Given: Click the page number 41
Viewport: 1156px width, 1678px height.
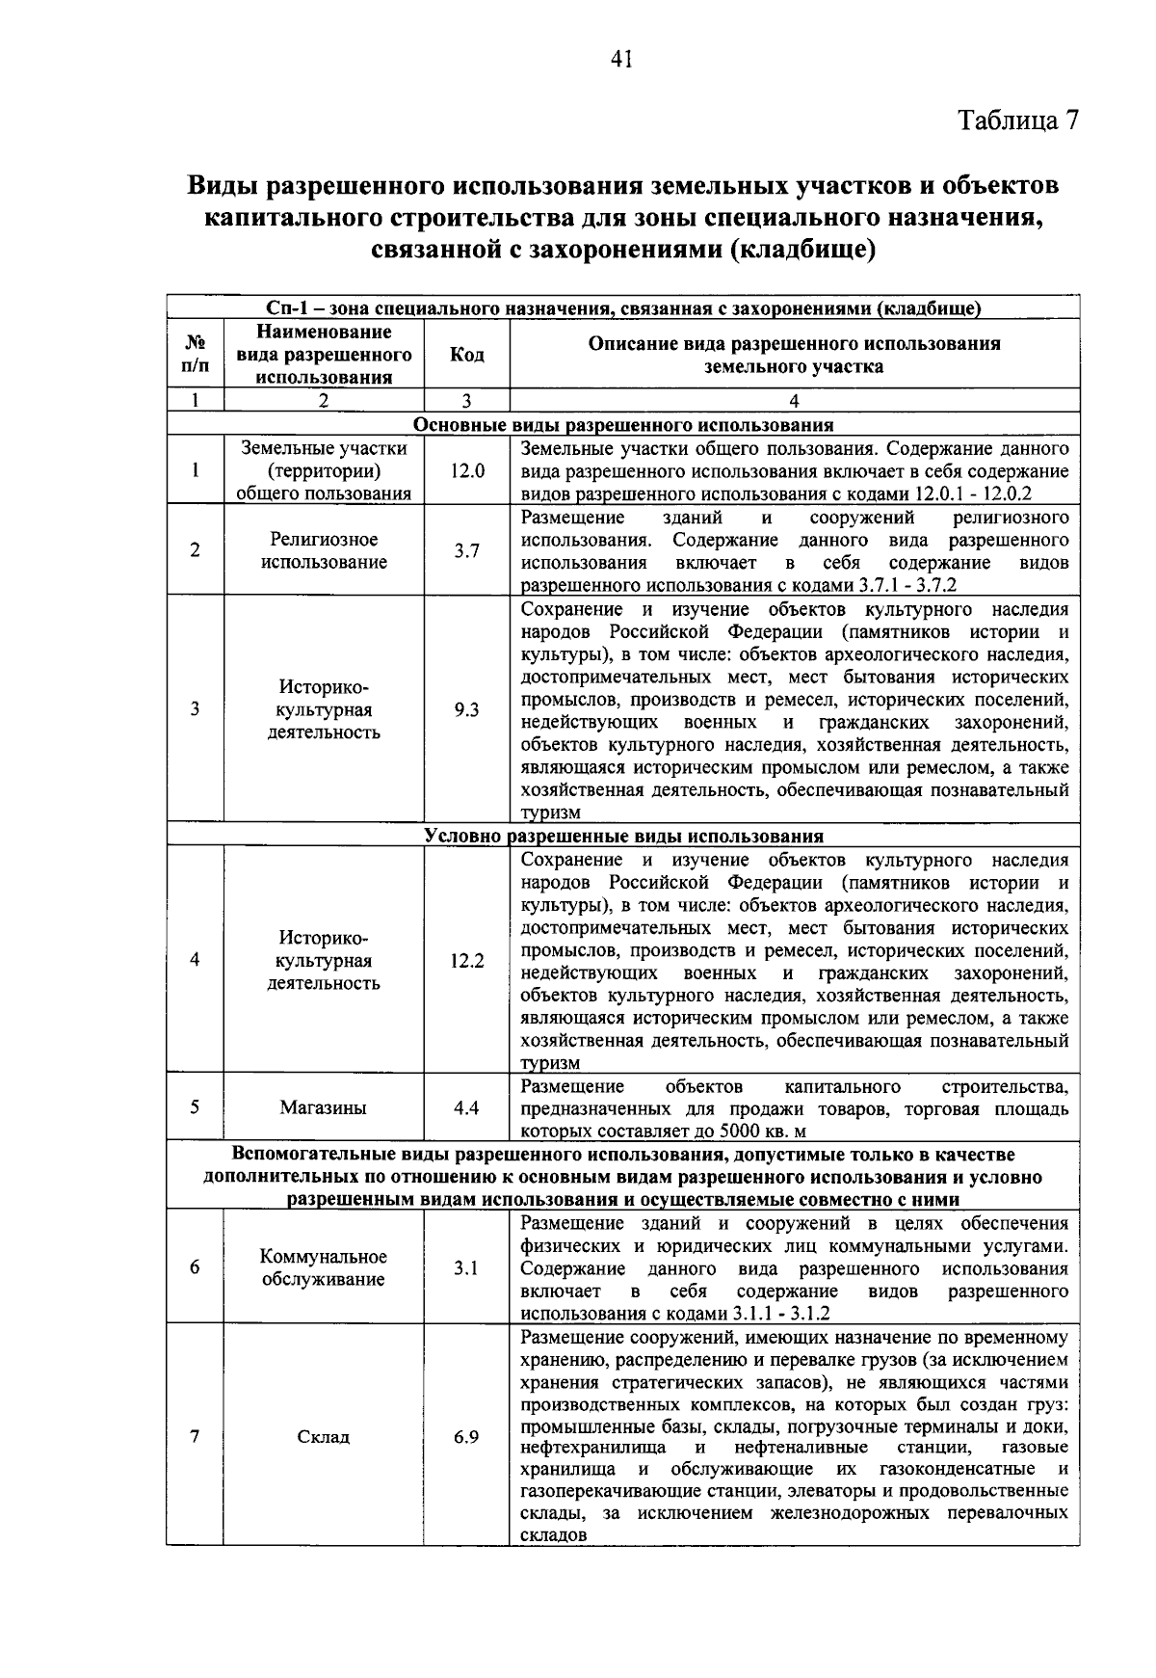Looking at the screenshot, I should point(621,60).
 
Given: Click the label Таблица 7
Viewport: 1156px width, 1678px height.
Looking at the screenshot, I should point(1018,120).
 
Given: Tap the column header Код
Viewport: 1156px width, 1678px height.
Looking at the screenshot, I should point(467,355).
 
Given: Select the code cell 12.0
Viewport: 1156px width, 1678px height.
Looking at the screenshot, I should point(467,470).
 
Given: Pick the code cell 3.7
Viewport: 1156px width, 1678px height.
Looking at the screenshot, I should point(467,551).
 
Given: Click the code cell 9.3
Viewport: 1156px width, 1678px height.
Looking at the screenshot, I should point(467,710).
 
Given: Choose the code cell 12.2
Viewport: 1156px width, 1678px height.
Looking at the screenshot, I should point(467,961).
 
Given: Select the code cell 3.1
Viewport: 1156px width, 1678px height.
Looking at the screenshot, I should point(467,1268).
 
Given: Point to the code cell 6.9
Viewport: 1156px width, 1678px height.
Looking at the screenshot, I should point(467,1437).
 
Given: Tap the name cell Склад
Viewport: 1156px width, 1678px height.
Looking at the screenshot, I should point(324,1437).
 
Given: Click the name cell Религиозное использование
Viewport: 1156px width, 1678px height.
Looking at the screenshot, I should point(324,551).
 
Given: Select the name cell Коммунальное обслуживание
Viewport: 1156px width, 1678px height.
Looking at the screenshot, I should point(324,1268).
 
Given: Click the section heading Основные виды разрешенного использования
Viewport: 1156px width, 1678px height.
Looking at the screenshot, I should point(623,425).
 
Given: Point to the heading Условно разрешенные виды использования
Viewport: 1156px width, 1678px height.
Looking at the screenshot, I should point(623,836).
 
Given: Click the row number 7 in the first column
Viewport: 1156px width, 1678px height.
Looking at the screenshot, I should point(196,1437).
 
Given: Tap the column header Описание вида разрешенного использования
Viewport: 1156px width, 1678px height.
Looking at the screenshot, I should point(794,355).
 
